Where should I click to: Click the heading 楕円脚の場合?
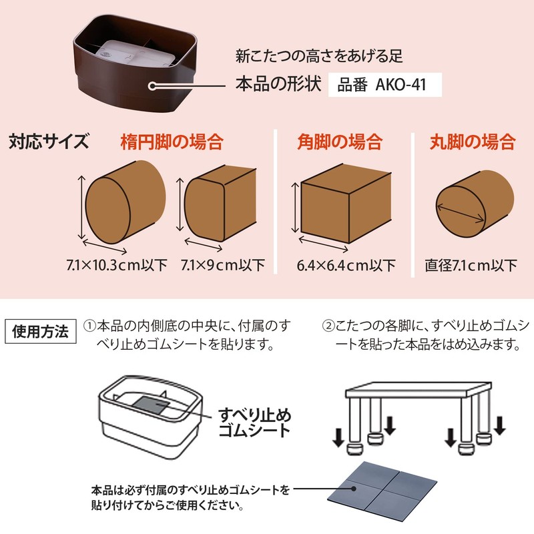click(x=172, y=142)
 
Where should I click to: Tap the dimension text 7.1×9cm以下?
click(x=223, y=265)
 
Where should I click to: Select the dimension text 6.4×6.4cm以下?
click(x=346, y=265)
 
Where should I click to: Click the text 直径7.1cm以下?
click(x=471, y=265)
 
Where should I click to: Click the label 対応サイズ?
click(x=49, y=142)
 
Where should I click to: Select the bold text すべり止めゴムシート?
click(x=255, y=422)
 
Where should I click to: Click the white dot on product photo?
click(x=152, y=86)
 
